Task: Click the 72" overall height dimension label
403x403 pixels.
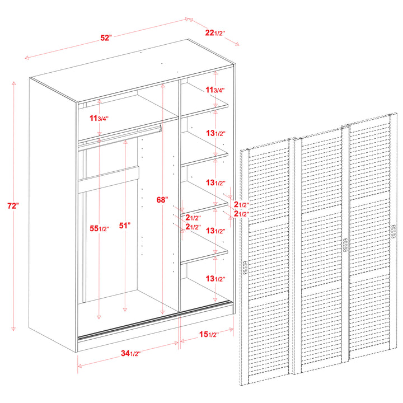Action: pyautogui.click(x=13, y=206)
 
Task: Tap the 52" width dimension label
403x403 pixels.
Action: pyautogui.click(x=106, y=38)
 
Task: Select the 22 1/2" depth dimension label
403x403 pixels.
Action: pyautogui.click(x=215, y=32)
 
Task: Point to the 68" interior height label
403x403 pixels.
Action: pyautogui.click(x=162, y=199)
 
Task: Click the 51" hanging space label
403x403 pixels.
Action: pyautogui.click(x=125, y=226)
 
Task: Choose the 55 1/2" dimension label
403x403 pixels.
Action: pyautogui.click(x=100, y=228)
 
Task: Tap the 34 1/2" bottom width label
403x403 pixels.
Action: pyautogui.click(x=131, y=353)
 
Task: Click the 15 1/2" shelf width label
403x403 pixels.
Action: pyautogui.click(x=209, y=334)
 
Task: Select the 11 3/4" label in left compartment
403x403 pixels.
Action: pyautogui.click(x=99, y=118)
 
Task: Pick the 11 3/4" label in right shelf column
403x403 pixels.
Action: pyautogui.click(x=215, y=90)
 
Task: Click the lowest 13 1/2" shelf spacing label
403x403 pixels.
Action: pyautogui.click(x=215, y=278)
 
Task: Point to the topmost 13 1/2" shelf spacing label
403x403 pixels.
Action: pyautogui.click(x=215, y=133)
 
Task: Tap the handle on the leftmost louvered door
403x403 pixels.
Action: pyautogui.click(x=246, y=268)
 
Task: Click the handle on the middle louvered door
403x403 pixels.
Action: pyautogui.click(x=345, y=245)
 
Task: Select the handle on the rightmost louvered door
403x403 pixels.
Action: pyautogui.click(x=393, y=232)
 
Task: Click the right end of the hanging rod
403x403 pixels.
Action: pyautogui.click(x=161, y=128)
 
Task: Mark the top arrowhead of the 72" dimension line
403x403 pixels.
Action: pyautogui.click(x=13, y=83)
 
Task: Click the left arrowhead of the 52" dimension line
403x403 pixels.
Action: pyautogui.click(x=26, y=58)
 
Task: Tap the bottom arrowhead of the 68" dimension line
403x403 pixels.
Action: pyautogui.click(x=162, y=312)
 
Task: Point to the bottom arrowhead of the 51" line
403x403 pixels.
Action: pyautogui.click(x=125, y=310)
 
